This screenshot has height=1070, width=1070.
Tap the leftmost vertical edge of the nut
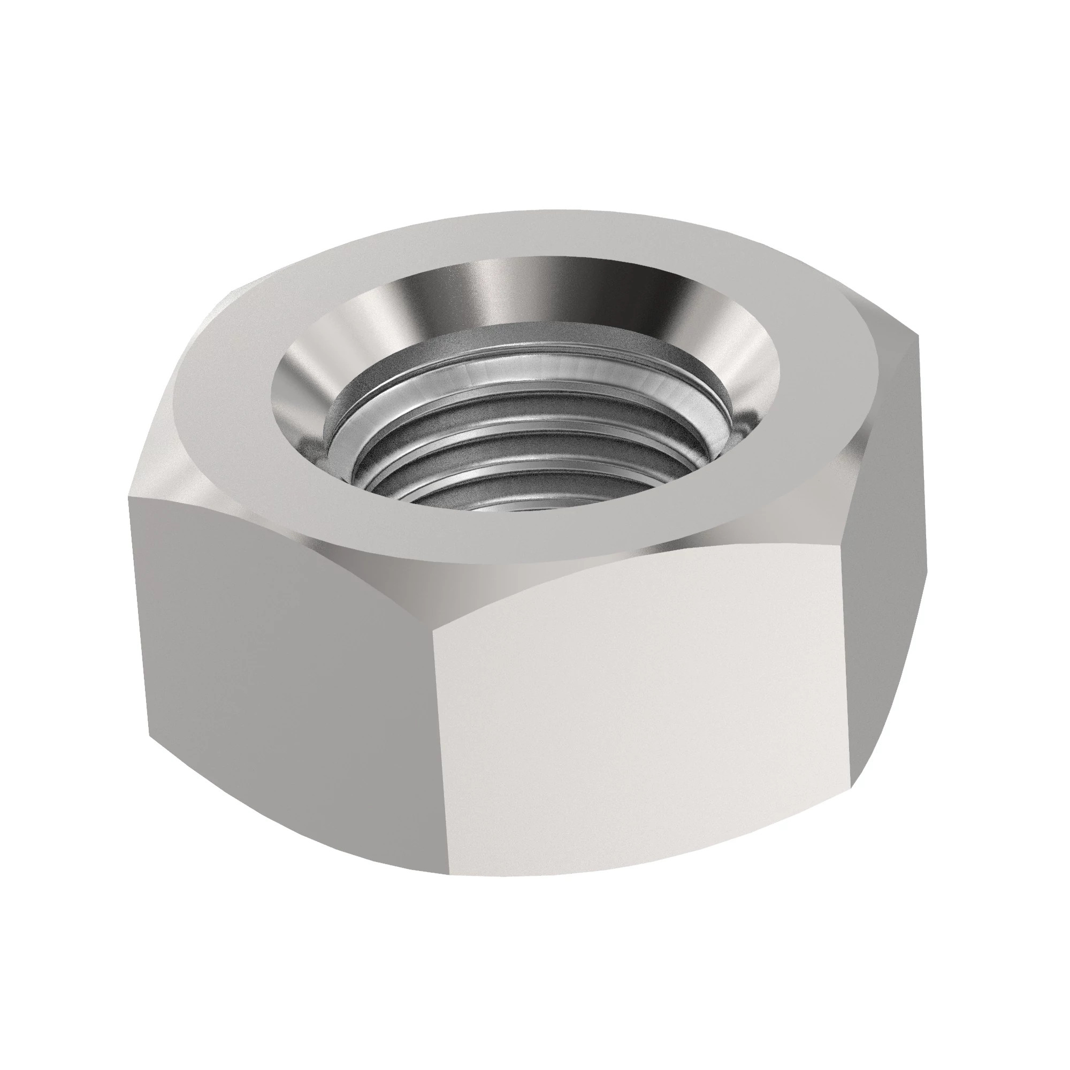(139, 609)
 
